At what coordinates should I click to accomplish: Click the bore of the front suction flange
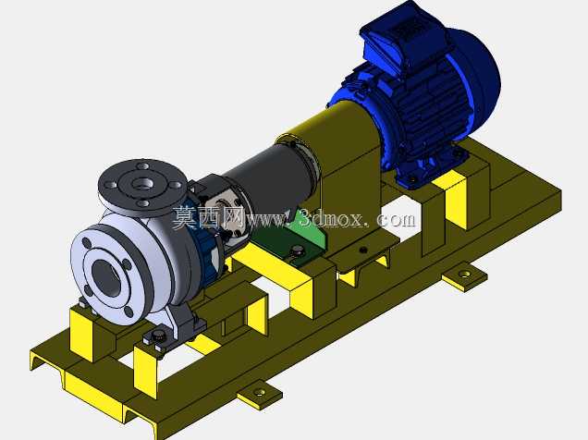coord(106,276)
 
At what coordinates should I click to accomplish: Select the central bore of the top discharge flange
coord(143,184)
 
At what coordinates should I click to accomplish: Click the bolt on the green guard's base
coord(297,251)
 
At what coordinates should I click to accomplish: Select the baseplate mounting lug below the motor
coord(465,276)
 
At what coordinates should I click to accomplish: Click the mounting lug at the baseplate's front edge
coord(260,395)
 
